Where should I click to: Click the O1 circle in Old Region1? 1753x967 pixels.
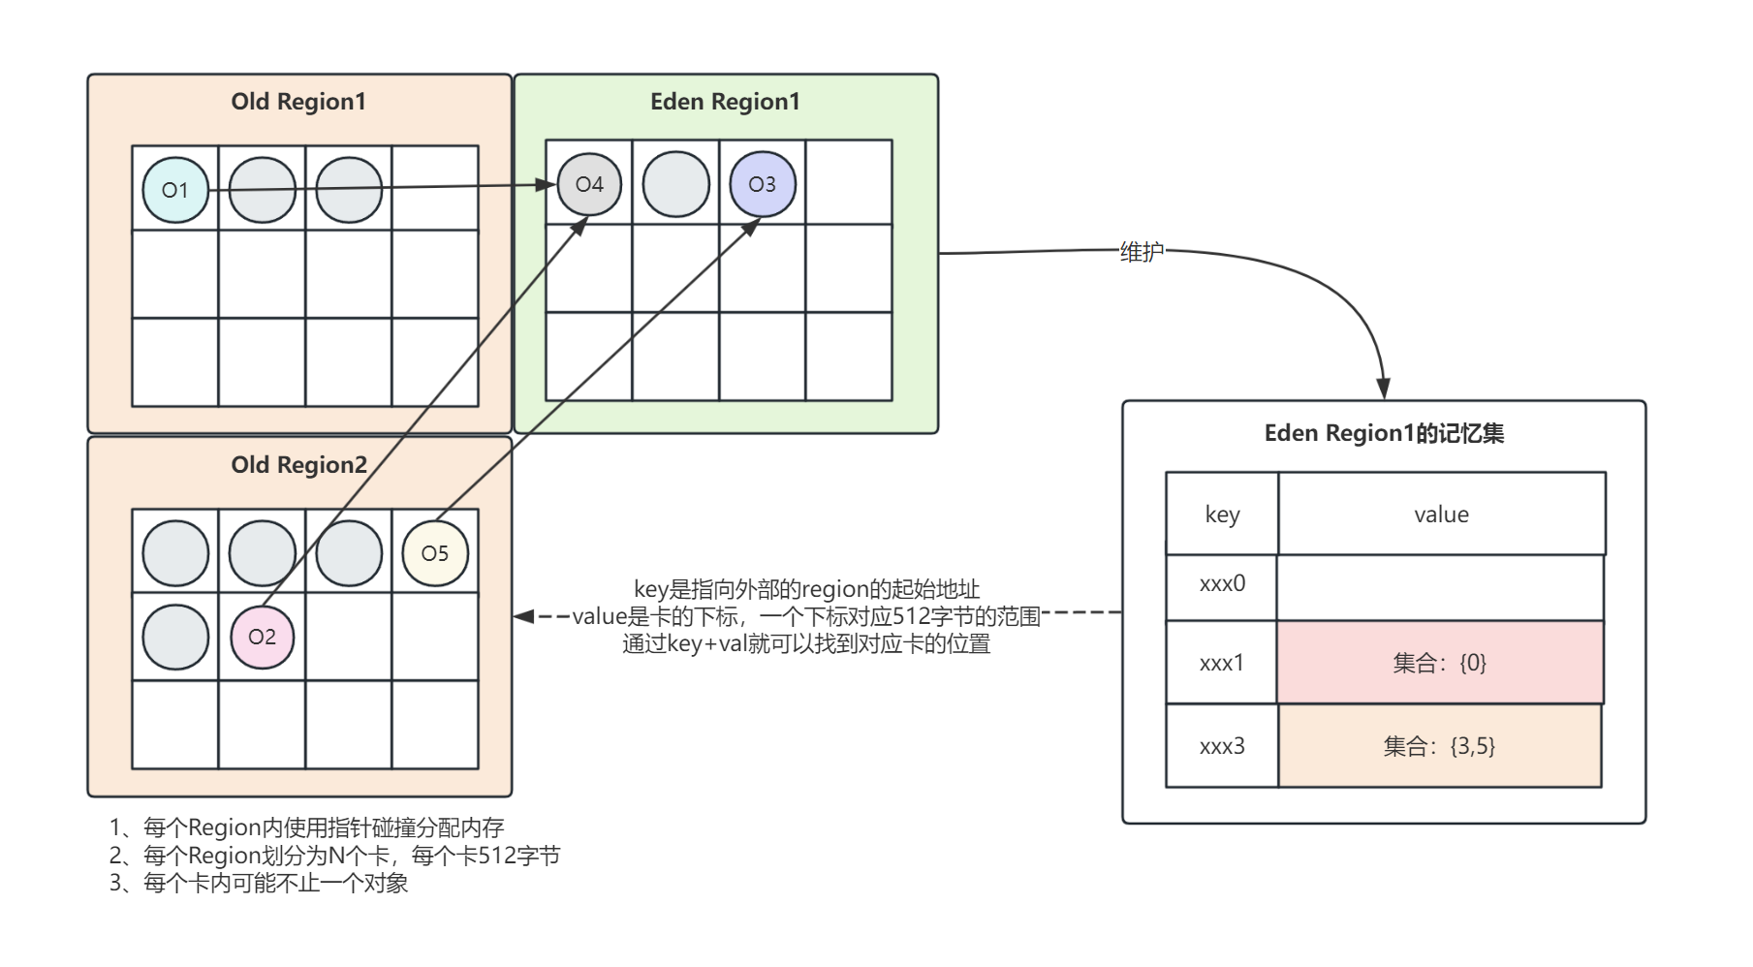[175, 190]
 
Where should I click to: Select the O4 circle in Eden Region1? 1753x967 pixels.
[589, 184]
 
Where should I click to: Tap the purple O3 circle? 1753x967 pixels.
[763, 184]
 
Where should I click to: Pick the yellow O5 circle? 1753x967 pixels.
[435, 553]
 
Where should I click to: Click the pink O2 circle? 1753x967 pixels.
[262, 637]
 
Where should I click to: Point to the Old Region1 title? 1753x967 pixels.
[298, 102]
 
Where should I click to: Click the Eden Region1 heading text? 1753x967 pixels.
[725, 102]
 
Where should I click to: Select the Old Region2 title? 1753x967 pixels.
[298, 465]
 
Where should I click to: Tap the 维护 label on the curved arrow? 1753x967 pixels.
[1142, 252]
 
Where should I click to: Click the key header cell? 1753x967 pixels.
[1222, 515]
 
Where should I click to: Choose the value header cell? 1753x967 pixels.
[1441, 515]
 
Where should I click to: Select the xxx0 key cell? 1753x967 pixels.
[1222, 584]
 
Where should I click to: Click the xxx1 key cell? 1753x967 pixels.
[1222, 664]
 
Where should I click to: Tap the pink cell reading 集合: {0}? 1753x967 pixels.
[1440, 663]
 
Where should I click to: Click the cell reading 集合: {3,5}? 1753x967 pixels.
[1440, 746]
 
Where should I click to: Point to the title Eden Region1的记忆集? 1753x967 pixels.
[1384, 433]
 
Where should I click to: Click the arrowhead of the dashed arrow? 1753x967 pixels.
[523, 616]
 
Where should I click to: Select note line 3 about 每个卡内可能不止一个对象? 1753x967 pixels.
[259, 884]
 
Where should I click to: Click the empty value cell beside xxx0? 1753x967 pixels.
[1440, 587]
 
